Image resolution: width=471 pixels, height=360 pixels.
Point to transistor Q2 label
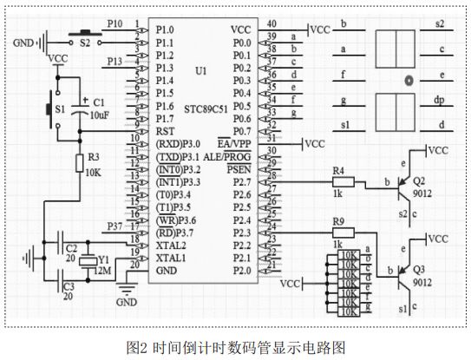pos(420,183)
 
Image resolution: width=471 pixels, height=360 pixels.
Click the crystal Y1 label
pos(103,259)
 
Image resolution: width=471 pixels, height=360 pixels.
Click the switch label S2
pos(84,40)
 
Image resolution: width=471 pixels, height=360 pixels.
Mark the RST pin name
pos(165,130)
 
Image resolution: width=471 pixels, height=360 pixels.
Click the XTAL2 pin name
pos(170,245)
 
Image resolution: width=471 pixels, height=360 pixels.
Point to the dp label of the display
pos(439,101)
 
